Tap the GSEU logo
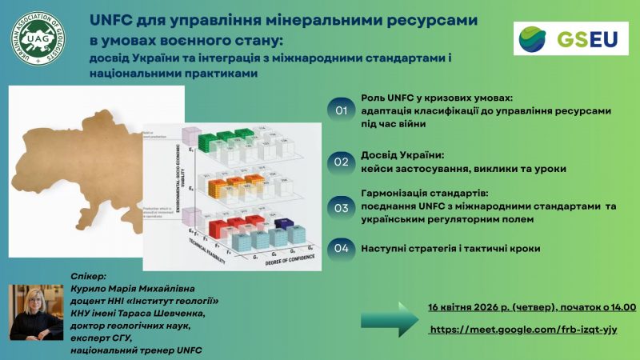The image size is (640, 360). click(569, 38)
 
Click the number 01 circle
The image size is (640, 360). click(342, 110)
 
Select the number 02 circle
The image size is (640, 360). click(342, 162)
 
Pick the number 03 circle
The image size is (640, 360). click(342, 208)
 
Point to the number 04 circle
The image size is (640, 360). click(342, 248)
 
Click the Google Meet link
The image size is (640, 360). click(523, 330)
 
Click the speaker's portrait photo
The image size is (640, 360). click(35, 313)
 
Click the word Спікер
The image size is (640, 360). click(88, 274)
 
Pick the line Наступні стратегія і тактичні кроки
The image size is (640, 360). click(450, 249)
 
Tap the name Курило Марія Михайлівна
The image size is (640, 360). click(133, 287)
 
